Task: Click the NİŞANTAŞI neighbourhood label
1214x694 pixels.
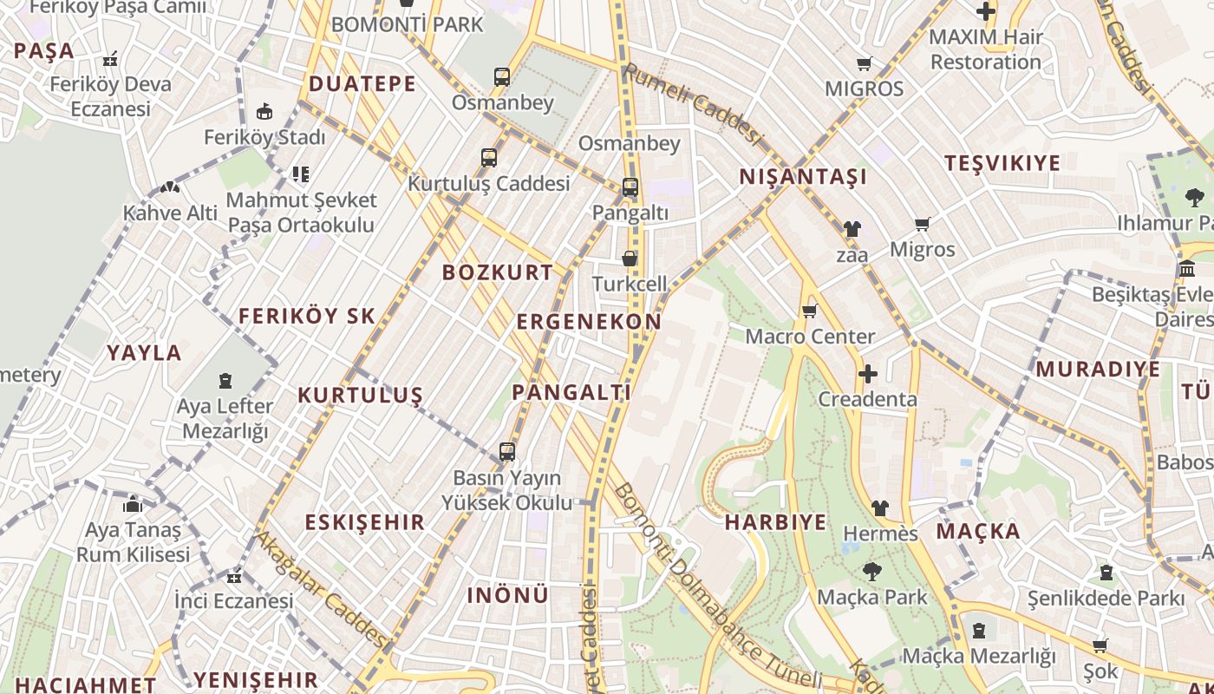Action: coord(803,177)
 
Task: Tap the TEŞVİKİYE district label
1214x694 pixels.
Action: coord(1002,163)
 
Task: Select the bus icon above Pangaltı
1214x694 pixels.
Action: coord(630,187)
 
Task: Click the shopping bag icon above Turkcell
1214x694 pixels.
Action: coord(630,259)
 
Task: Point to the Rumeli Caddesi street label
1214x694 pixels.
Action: coord(692,104)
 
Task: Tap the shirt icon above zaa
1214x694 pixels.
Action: coord(852,229)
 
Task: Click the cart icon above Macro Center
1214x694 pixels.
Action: coord(810,311)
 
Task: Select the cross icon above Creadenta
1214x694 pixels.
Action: coord(867,374)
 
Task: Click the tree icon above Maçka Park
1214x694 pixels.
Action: coord(871,571)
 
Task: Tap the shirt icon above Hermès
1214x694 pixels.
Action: coord(880,507)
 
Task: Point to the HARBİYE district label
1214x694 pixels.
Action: coord(775,522)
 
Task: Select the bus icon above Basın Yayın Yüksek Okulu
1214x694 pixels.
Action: coord(507,452)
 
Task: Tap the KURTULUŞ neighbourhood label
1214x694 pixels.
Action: coord(360,396)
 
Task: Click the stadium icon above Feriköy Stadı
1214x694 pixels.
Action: coord(264,111)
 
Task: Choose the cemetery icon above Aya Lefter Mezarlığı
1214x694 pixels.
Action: coord(225,380)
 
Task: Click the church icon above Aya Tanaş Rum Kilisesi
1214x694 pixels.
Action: coord(133,503)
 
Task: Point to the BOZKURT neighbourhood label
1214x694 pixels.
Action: coord(498,272)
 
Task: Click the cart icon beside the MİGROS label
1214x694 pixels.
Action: coord(864,63)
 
